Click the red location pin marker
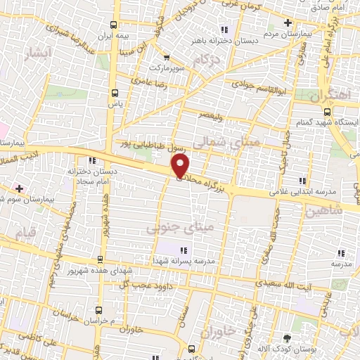[x=181, y=166]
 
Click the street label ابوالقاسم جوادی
[x=258, y=86]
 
